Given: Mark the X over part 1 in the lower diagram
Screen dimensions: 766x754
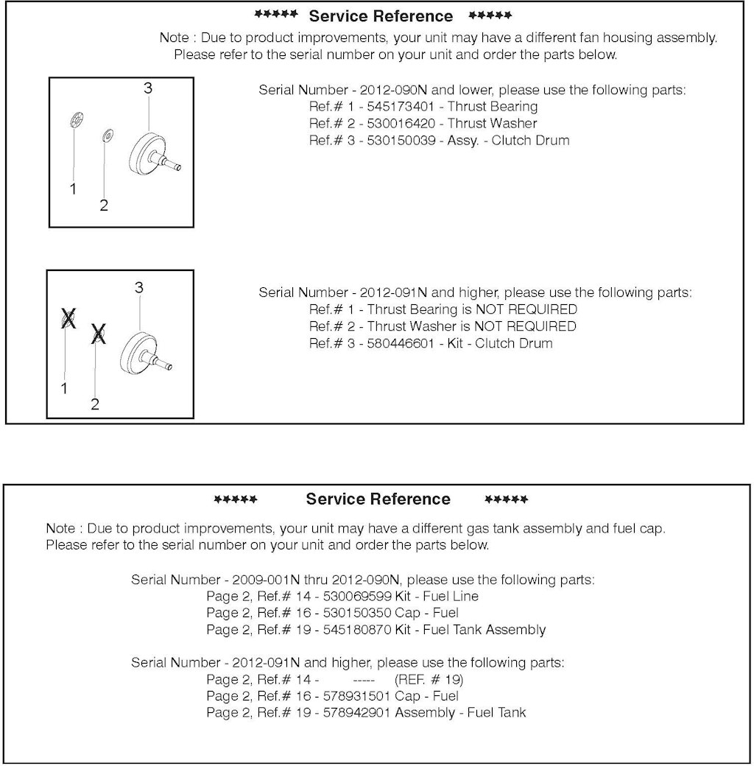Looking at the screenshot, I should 68,320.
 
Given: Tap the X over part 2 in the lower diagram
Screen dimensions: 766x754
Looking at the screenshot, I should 98,336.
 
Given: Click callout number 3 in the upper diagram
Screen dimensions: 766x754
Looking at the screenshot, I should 147,88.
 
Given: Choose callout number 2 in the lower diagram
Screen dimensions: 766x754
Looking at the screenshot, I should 95,404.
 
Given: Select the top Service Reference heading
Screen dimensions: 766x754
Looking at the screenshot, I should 381,16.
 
